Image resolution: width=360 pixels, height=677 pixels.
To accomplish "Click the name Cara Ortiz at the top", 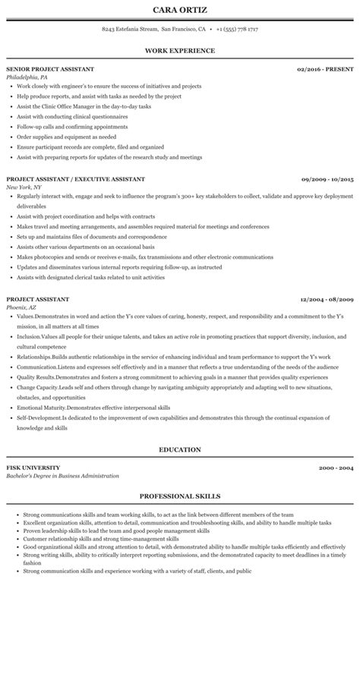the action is coord(180,10).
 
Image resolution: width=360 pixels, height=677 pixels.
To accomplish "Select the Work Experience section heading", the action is coord(180,51).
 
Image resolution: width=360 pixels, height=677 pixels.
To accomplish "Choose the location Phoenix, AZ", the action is coord(21,307).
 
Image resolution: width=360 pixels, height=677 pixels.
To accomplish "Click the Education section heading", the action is coord(180,449).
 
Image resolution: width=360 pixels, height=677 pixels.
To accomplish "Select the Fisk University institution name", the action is coord(33,468).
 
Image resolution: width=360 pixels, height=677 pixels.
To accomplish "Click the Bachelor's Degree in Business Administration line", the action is coord(62,476).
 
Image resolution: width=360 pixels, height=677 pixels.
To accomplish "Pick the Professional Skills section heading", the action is coord(180,496).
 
